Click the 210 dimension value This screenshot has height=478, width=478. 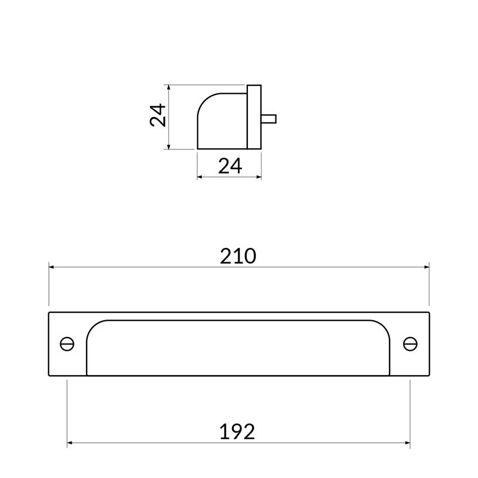point(238,256)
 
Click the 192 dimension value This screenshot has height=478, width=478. point(238,431)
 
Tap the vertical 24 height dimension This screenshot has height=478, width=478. point(158,115)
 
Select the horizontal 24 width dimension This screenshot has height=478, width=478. point(230,166)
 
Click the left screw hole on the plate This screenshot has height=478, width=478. point(67,344)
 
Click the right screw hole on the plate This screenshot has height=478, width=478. point(410,344)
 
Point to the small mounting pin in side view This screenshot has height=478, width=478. point(268,118)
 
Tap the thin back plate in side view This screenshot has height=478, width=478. point(254,117)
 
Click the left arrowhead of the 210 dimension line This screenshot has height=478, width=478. point(51,267)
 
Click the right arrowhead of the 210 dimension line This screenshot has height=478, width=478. point(427,267)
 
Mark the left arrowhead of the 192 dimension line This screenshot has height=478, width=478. point(70,443)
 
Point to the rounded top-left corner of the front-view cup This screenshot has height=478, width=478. point(93,327)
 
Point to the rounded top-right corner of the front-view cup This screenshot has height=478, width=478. point(383,327)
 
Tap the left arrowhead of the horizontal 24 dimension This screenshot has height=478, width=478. point(200,177)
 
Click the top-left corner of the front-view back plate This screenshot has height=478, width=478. point(49,312)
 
